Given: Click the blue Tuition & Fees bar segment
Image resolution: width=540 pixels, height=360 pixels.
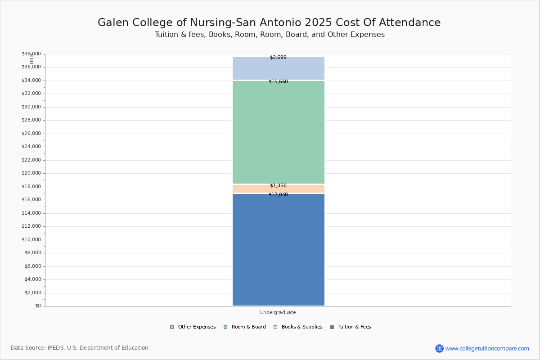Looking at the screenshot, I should (x=278, y=250).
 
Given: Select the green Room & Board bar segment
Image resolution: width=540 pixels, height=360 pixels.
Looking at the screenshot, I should (x=278, y=132).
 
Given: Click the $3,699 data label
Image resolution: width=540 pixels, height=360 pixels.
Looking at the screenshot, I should (x=278, y=58).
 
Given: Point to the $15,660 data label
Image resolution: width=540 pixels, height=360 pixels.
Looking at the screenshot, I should (x=278, y=82).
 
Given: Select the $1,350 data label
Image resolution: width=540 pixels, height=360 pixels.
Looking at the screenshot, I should (x=278, y=185).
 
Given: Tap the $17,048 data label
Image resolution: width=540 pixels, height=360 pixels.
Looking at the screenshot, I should (x=278, y=195).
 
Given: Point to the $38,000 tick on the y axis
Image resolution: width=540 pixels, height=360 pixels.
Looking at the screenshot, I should (x=31, y=54).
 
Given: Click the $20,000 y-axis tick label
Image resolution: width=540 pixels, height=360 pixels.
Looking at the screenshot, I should (x=31, y=173).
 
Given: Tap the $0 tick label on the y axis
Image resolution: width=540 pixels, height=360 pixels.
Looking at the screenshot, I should (x=37, y=306).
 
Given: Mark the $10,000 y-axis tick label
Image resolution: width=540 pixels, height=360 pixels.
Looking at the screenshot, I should (x=31, y=240).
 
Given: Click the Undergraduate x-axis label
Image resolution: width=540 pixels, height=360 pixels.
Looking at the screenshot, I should (x=278, y=312).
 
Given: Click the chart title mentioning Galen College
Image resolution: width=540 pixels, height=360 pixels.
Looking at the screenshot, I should (x=269, y=22).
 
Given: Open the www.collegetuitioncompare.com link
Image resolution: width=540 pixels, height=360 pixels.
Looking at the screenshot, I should (x=487, y=348).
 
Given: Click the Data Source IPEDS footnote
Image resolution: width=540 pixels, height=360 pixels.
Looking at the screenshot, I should (x=80, y=348).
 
